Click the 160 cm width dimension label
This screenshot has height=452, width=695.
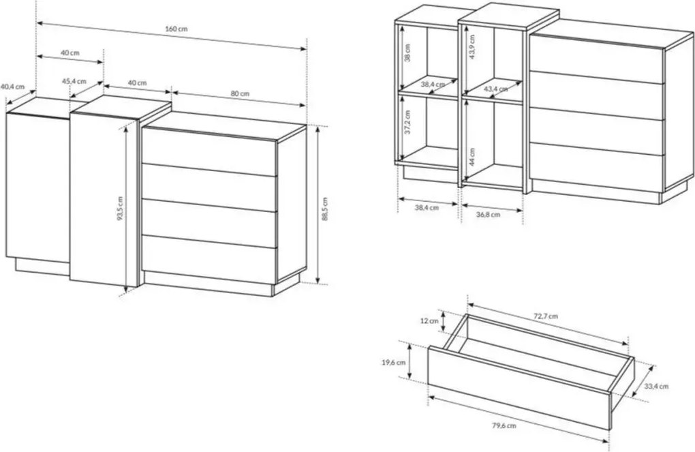pyautogui.click(x=176, y=29)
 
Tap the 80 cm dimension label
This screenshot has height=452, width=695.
pyautogui.click(x=240, y=93)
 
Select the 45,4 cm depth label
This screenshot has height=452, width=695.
pyautogui.click(x=74, y=81)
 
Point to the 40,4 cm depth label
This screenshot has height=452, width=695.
pyautogui.click(x=12, y=87)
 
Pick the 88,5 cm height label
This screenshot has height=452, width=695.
pyautogui.click(x=325, y=209)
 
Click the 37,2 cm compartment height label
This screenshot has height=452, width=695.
pyautogui.click(x=407, y=123)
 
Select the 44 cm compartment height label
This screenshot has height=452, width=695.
pyautogui.click(x=472, y=156)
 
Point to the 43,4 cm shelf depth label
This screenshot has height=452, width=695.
pyautogui.click(x=495, y=89)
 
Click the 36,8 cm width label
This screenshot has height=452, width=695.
pyautogui.click(x=488, y=215)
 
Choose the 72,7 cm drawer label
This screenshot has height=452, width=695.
pyautogui.click(x=545, y=316)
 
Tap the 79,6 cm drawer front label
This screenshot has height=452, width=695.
pyautogui.click(x=504, y=426)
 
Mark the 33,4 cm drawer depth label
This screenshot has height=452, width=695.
pyautogui.click(x=656, y=387)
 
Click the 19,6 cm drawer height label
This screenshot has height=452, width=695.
pyautogui.click(x=393, y=363)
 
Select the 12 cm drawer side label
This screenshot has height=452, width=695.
pyautogui.click(x=429, y=320)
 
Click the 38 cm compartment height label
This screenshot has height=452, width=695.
pyautogui.click(x=407, y=52)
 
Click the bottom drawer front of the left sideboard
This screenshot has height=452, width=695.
pyautogui.click(x=209, y=260)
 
